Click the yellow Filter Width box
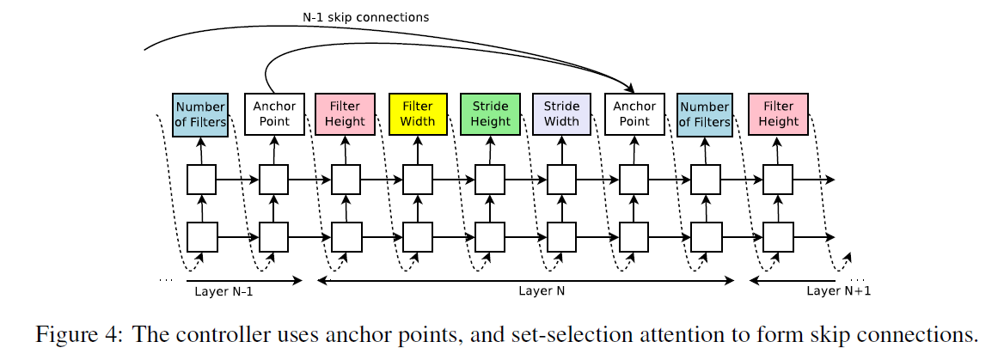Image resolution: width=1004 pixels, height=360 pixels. (418, 114)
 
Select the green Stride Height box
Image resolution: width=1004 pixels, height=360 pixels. (490, 114)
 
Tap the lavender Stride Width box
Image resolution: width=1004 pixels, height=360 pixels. (561, 114)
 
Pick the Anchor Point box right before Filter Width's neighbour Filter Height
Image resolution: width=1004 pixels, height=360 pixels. (273, 114)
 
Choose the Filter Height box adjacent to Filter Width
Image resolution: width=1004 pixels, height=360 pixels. (346, 114)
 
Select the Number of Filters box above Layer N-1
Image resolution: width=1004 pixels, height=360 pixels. (201, 114)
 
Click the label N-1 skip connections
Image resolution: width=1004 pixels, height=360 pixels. (364, 17)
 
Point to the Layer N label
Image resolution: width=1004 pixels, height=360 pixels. (542, 291)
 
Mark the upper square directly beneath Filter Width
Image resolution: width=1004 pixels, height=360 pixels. (418, 180)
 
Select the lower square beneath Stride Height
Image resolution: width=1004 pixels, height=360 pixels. (490, 235)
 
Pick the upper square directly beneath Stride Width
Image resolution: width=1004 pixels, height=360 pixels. (561, 180)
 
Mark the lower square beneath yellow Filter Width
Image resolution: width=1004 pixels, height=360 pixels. (418, 235)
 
